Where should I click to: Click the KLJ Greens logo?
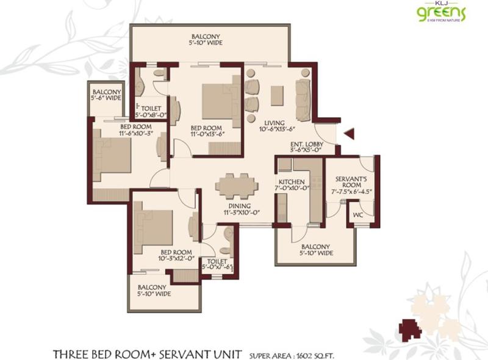pyautogui.click(x=441, y=12)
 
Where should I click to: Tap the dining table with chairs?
pyautogui.click(x=236, y=186)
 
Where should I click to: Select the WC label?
pyautogui.click(x=357, y=215)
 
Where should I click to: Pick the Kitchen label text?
pyautogui.click(x=292, y=182)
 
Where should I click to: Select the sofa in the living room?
pyautogui.click(x=303, y=95)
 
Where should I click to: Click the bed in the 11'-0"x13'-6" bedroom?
pyautogui.click(x=213, y=103)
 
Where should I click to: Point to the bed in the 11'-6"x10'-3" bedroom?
pyautogui.click(x=112, y=156)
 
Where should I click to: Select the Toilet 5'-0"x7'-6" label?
pyautogui.click(x=219, y=264)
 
